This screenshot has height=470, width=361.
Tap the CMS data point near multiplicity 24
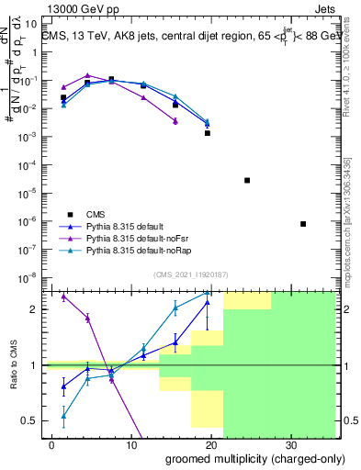coord(247,180)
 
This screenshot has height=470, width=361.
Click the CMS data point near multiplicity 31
coord(303,224)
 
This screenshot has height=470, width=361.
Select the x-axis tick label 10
coord(130,443)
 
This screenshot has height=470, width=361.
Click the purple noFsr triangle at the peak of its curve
coord(87,75)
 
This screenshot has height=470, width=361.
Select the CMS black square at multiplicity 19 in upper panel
coord(208,133)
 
